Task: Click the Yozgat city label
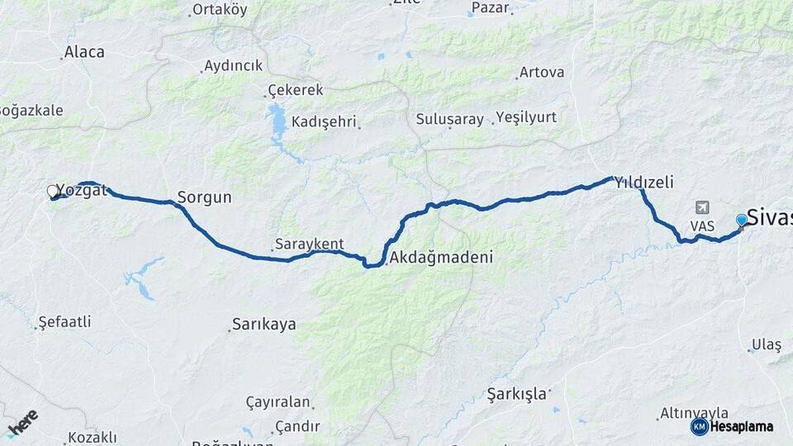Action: pos(83,192)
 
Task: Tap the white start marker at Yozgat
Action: pos(53,192)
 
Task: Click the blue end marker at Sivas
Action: pos(741,220)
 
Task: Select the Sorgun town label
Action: pos(204,198)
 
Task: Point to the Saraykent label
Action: pos(309,244)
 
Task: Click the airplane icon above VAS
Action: pos(702,206)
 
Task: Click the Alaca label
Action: pos(84,52)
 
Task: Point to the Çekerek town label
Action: pos(295,90)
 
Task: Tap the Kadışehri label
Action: pos(324,121)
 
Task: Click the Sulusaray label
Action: pos(449,119)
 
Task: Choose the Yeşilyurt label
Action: pos(526,117)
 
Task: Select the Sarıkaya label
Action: pos(264,325)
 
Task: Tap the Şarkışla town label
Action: pos(517,393)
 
